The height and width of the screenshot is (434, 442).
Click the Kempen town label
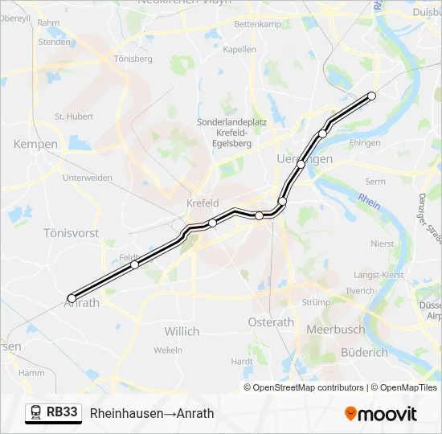pos(35,145)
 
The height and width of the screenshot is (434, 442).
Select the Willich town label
pos(182,331)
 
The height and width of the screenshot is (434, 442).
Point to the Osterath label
pos(272,322)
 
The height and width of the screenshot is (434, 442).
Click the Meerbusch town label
pos(335,330)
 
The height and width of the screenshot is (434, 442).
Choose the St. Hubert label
pos(74,117)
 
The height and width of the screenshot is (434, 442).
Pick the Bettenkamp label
pos(256,24)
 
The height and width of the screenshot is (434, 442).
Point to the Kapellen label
pos(239,50)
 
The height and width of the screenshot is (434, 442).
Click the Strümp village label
pos(316,303)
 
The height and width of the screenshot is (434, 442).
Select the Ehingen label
pos(365,143)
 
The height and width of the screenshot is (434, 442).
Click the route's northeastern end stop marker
pos(372,96)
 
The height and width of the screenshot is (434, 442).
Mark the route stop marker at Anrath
pos(72,298)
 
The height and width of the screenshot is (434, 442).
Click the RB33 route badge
pos(54,413)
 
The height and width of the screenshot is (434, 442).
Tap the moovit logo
pos(381,414)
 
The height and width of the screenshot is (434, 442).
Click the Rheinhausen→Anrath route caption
pos(152,413)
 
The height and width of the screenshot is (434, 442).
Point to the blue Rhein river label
pos(369,199)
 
